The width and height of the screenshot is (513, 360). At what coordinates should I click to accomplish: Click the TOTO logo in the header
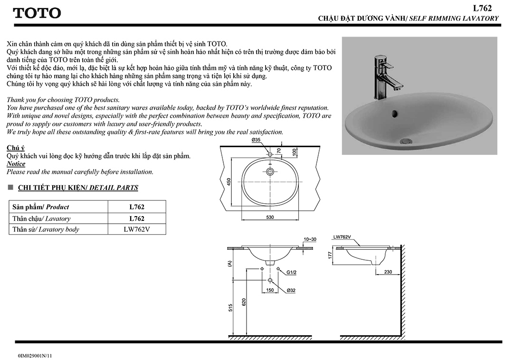click(37, 13)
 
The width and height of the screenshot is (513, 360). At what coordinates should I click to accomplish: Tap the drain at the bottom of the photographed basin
click(405, 141)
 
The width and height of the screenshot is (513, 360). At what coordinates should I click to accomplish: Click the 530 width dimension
click(270, 217)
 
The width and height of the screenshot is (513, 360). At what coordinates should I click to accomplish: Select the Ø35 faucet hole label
click(256, 140)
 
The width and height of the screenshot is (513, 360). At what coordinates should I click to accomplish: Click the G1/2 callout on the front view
click(292, 272)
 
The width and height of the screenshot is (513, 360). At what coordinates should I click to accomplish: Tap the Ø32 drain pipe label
click(291, 290)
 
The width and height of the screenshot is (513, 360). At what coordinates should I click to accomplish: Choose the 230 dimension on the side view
click(388, 272)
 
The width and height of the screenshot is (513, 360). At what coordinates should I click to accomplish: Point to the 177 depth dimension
click(330, 256)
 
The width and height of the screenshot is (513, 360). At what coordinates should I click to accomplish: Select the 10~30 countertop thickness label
click(310, 239)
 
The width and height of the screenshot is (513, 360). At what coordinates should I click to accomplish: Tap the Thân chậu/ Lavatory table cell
click(42, 219)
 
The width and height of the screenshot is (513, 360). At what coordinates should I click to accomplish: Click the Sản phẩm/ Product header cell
click(41, 207)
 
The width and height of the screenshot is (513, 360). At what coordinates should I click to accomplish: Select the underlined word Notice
click(16, 164)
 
